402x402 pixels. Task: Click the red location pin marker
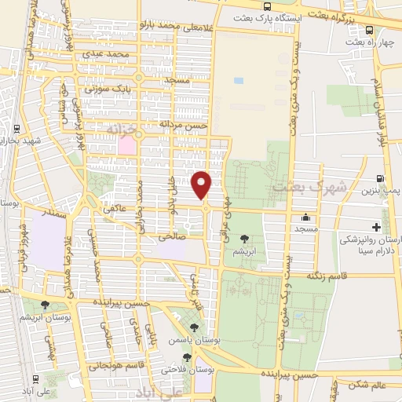click(202, 185)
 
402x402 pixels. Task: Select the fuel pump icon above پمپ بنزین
click(380, 180)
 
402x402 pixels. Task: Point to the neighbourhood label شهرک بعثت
click(298, 188)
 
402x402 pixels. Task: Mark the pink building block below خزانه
click(126, 145)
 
